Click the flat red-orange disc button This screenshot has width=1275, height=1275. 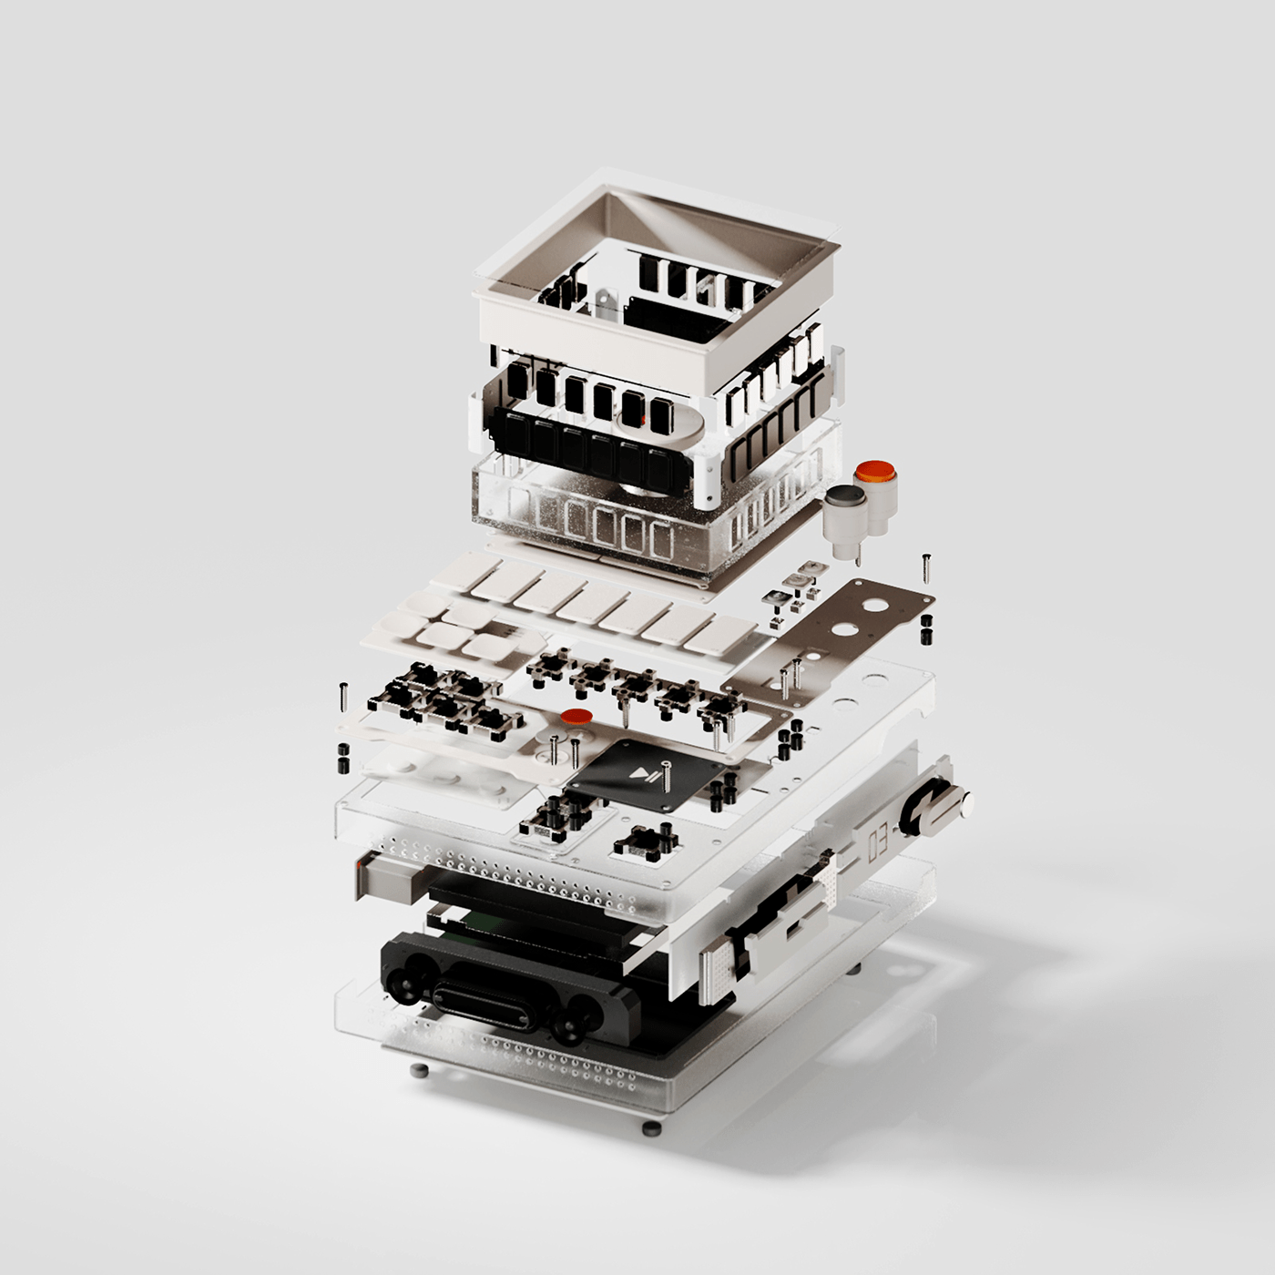click(x=576, y=718)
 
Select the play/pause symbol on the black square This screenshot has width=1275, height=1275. click(x=644, y=776)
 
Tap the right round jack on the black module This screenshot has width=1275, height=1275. click(x=570, y=1030)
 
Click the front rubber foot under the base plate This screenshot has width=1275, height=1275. click(x=650, y=1129)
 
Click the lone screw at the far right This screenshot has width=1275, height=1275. click(x=926, y=566)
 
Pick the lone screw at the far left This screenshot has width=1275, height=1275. click(x=343, y=696)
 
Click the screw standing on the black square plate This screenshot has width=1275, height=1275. click(x=667, y=776)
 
